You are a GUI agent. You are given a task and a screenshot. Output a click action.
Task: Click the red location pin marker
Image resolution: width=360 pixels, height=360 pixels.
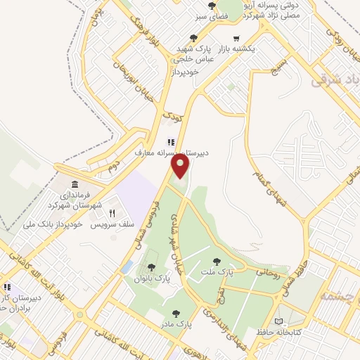click(x=181, y=166)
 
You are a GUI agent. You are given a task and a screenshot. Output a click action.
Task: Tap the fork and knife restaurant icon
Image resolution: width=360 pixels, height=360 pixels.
click(x=111, y=212)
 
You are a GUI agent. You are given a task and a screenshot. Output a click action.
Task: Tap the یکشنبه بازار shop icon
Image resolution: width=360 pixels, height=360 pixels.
click(x=238, y=39)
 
